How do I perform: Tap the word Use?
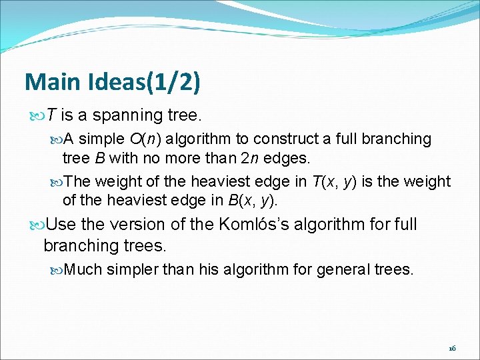coord(61,224)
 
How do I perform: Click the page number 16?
coord(452,348)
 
